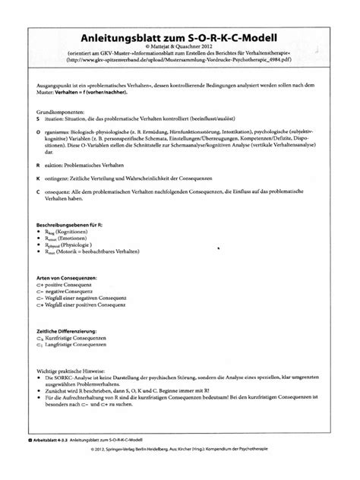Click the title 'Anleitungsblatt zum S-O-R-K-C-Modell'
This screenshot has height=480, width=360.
point(180,36)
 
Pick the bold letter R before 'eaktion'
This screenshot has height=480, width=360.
point(38,163)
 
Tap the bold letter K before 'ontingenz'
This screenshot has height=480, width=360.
point(38,175)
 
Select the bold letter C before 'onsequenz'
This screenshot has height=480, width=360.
point(38,192)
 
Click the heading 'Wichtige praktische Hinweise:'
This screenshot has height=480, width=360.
point(77,368)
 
